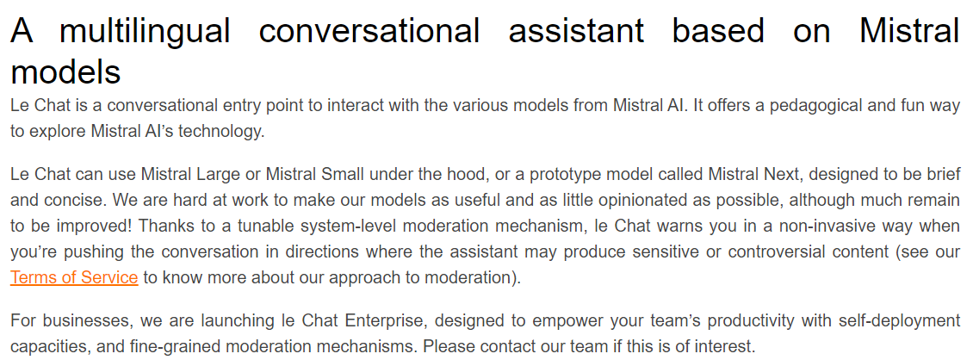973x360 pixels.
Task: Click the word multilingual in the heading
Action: (x=146, y=31)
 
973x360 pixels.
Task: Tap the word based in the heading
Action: (x=719, y=30)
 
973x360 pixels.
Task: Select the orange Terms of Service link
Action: (x=74, y=277)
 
